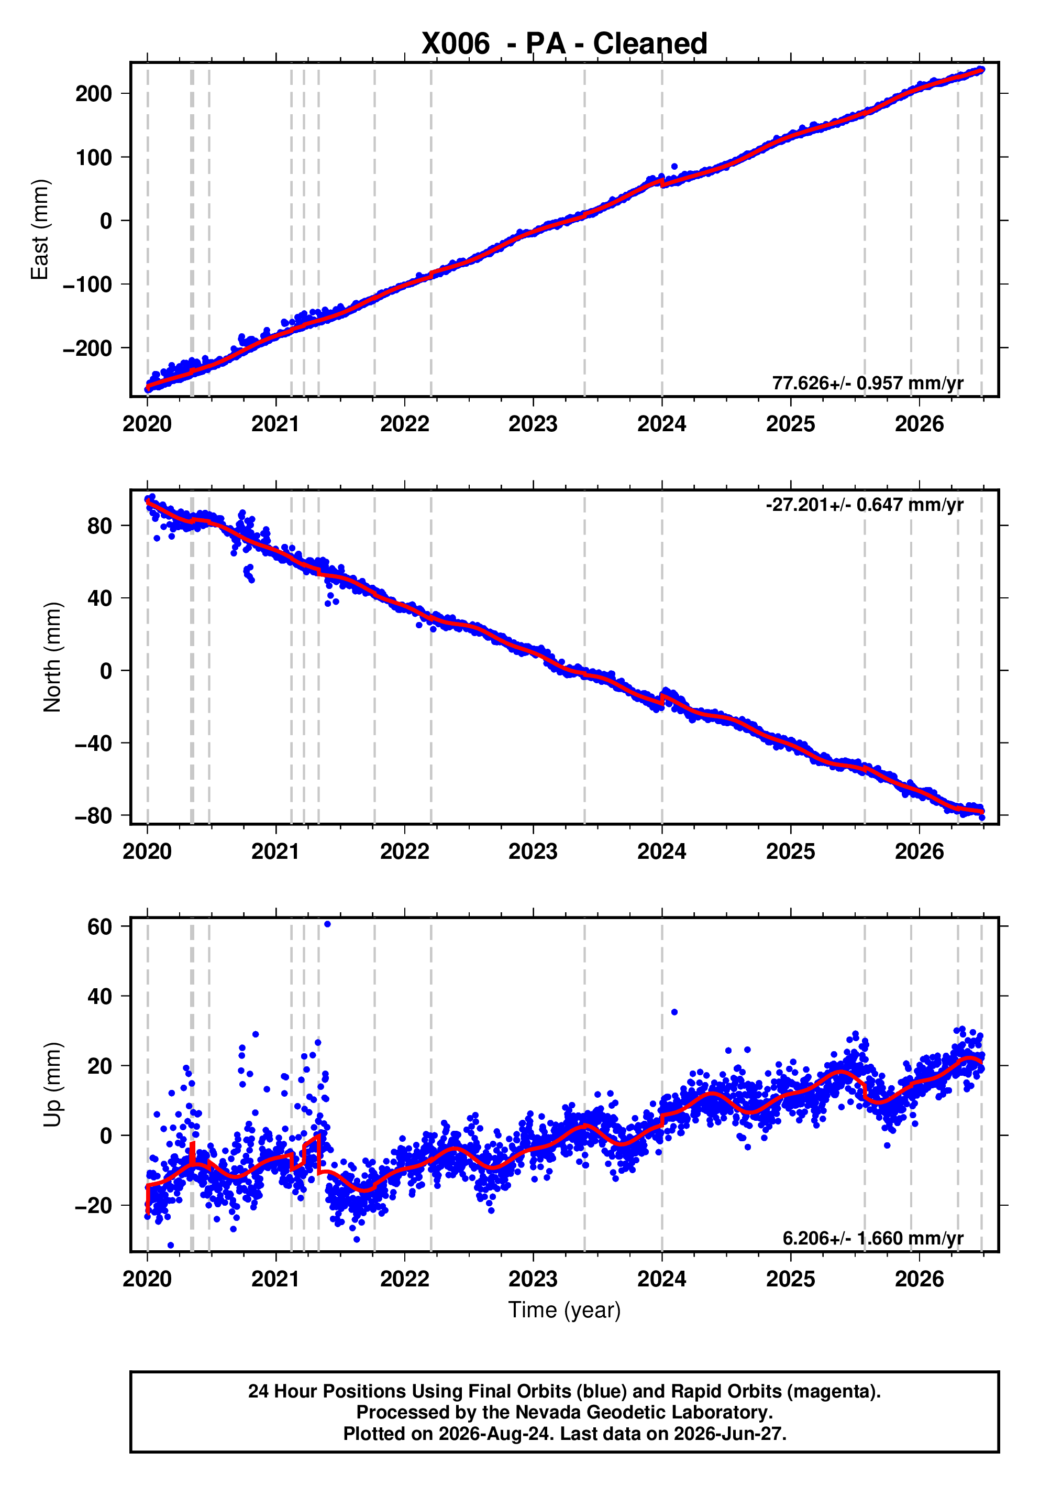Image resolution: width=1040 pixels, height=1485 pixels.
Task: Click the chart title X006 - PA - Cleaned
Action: click(565, 43)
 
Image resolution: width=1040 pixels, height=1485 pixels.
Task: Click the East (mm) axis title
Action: click(40, 230)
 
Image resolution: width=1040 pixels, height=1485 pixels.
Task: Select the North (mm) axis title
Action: click(52, 657)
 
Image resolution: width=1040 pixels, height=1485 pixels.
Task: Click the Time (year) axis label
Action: click(565, 1309)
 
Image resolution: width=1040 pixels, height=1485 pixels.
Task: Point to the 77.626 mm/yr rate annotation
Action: click(867, 383)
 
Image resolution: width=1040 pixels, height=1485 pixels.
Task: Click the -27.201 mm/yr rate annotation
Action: click(864, 505)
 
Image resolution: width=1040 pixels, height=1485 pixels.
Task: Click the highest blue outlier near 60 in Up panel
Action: click(327, 924)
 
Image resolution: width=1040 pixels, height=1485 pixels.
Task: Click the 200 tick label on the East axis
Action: click(94, 94)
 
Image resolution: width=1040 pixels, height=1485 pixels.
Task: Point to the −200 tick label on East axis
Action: click(87, 348)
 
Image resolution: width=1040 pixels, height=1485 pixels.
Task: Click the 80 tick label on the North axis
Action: click(99, 526)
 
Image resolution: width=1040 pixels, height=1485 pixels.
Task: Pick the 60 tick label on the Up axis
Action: click(99, 927)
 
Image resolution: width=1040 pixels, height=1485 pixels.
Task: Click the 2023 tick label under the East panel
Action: click(533, 424)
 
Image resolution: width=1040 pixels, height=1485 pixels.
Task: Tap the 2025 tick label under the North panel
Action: click(791, 852)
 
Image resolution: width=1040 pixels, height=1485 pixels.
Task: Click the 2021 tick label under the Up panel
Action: click(276, 1279)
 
